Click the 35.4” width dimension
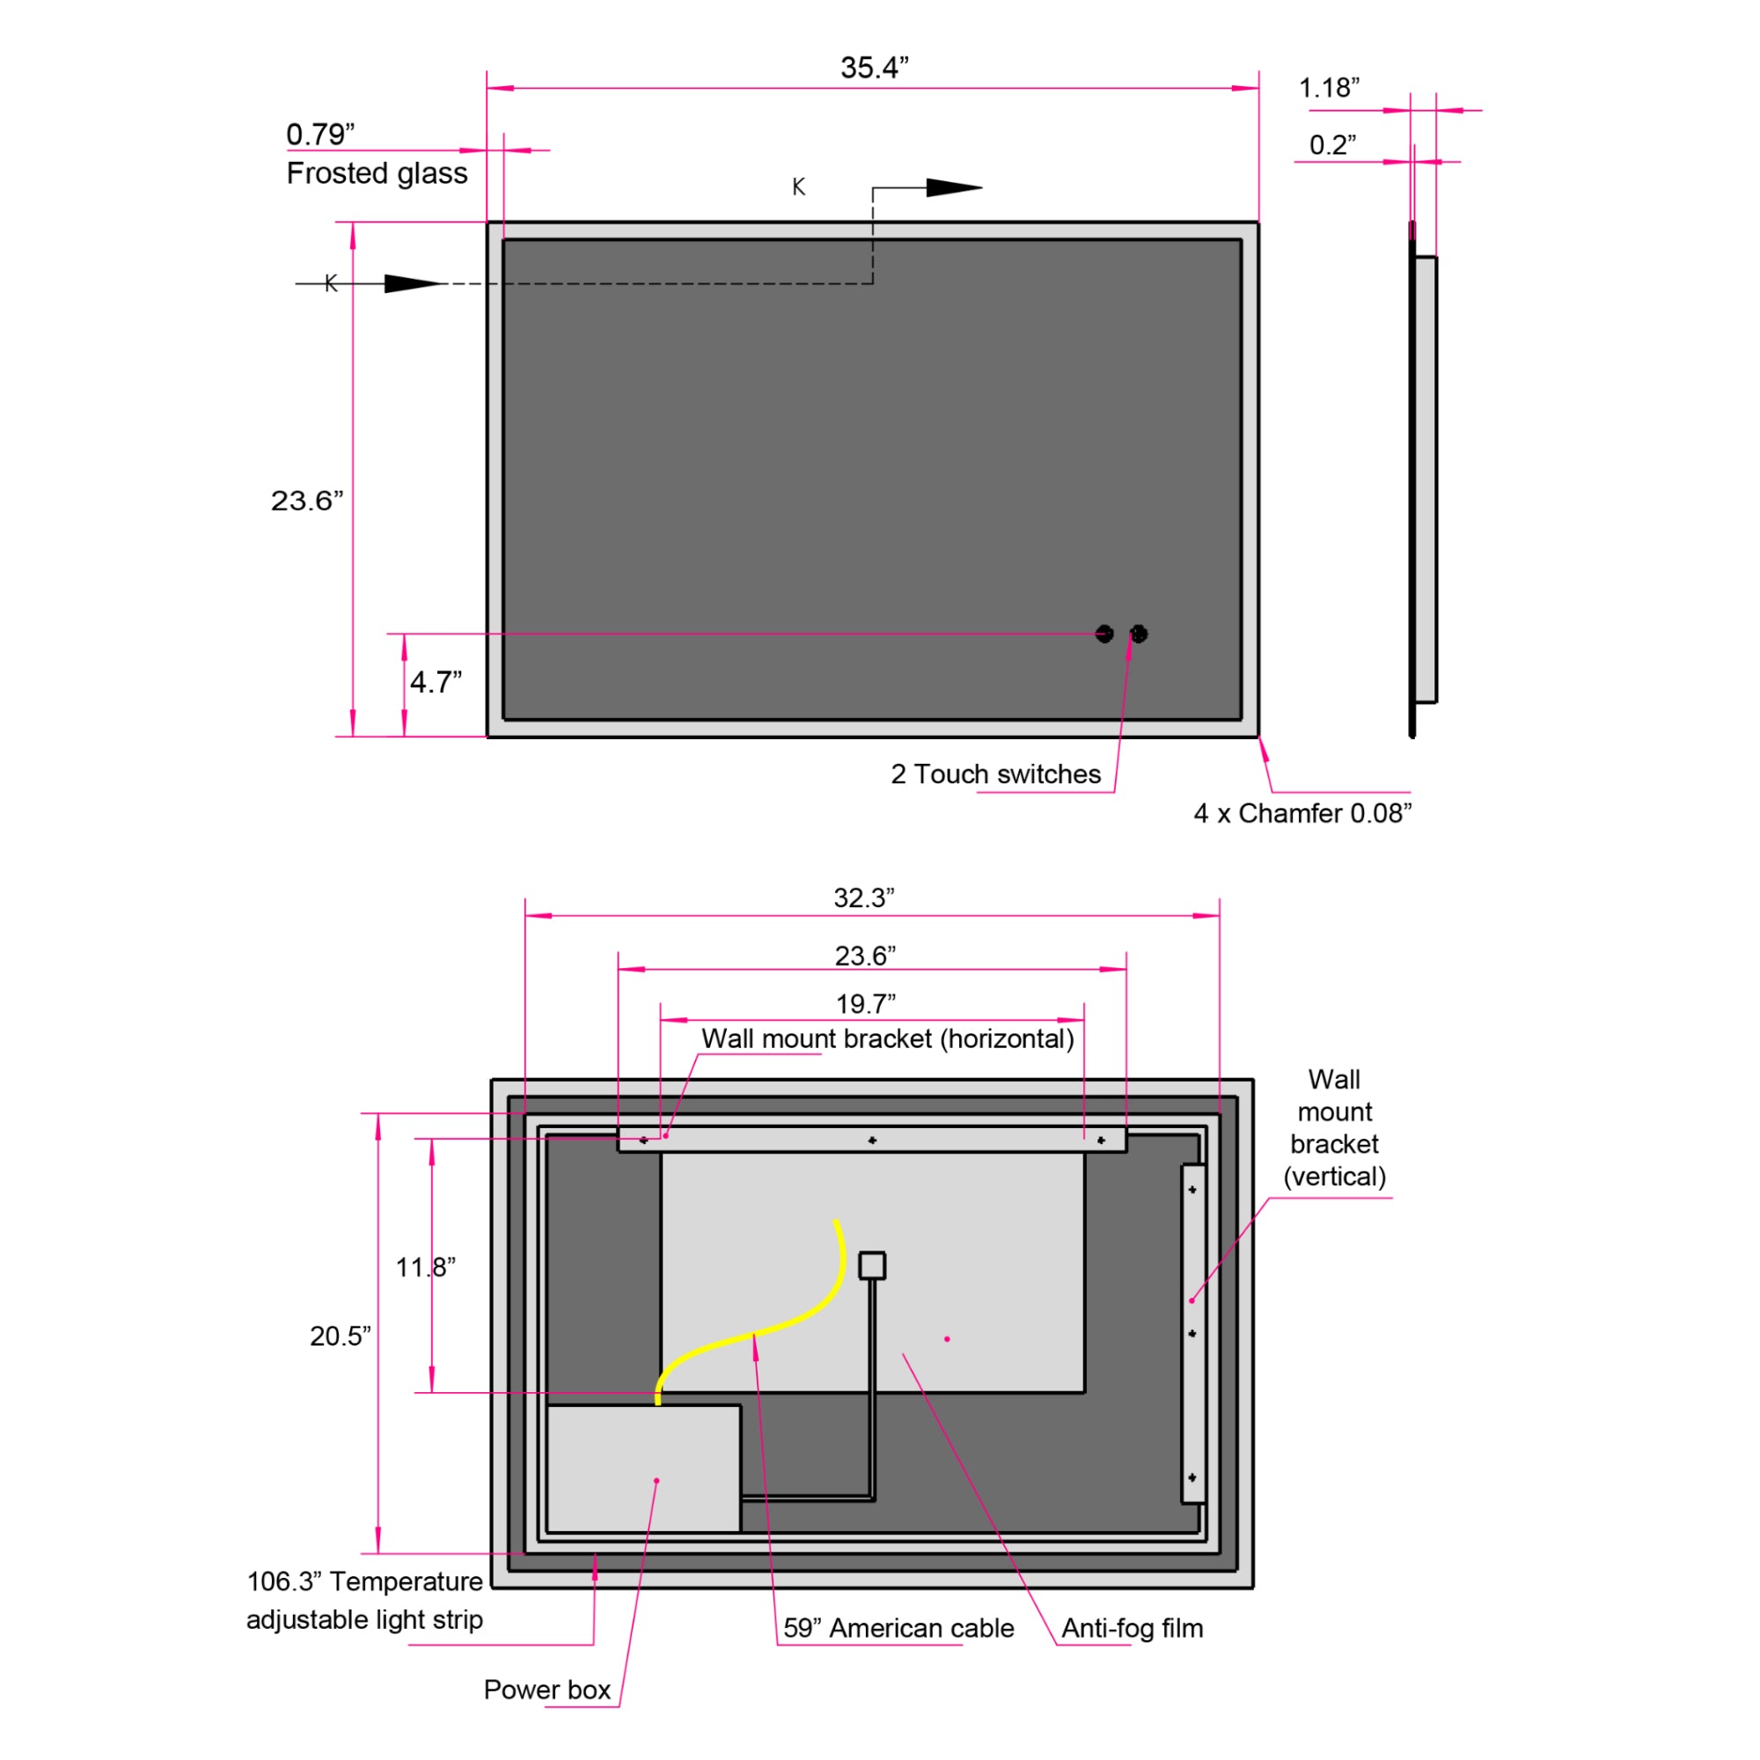coord(874,68)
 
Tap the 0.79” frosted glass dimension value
coord(319,134)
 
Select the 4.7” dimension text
coord(436,681)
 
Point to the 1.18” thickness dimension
coord(1328,87)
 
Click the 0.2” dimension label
coord(1331,144)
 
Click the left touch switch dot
coord(1104,633)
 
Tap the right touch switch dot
coord(1139,633)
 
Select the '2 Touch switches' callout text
coord(995,774)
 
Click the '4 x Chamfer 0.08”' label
coord(1302,812)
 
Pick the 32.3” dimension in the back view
coord(863,898)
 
